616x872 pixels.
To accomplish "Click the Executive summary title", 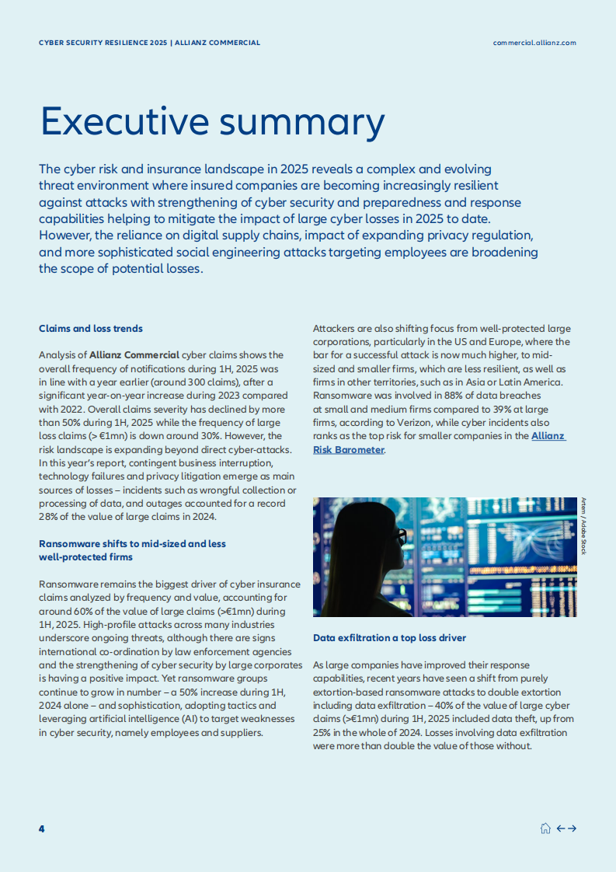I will [212, 123].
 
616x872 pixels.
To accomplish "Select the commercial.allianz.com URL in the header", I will [534, 43].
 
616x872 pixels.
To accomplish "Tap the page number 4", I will [42, 828].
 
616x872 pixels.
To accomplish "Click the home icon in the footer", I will [545, 828].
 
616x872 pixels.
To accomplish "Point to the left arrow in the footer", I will [561, 828].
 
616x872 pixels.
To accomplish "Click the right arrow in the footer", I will [572, 828].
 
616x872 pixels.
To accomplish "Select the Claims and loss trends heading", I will [91, 329].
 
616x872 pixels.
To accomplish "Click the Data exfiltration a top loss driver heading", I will [389, 638].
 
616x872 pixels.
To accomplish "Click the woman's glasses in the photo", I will [400, 536].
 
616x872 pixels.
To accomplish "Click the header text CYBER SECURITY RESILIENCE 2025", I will [103, 43].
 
